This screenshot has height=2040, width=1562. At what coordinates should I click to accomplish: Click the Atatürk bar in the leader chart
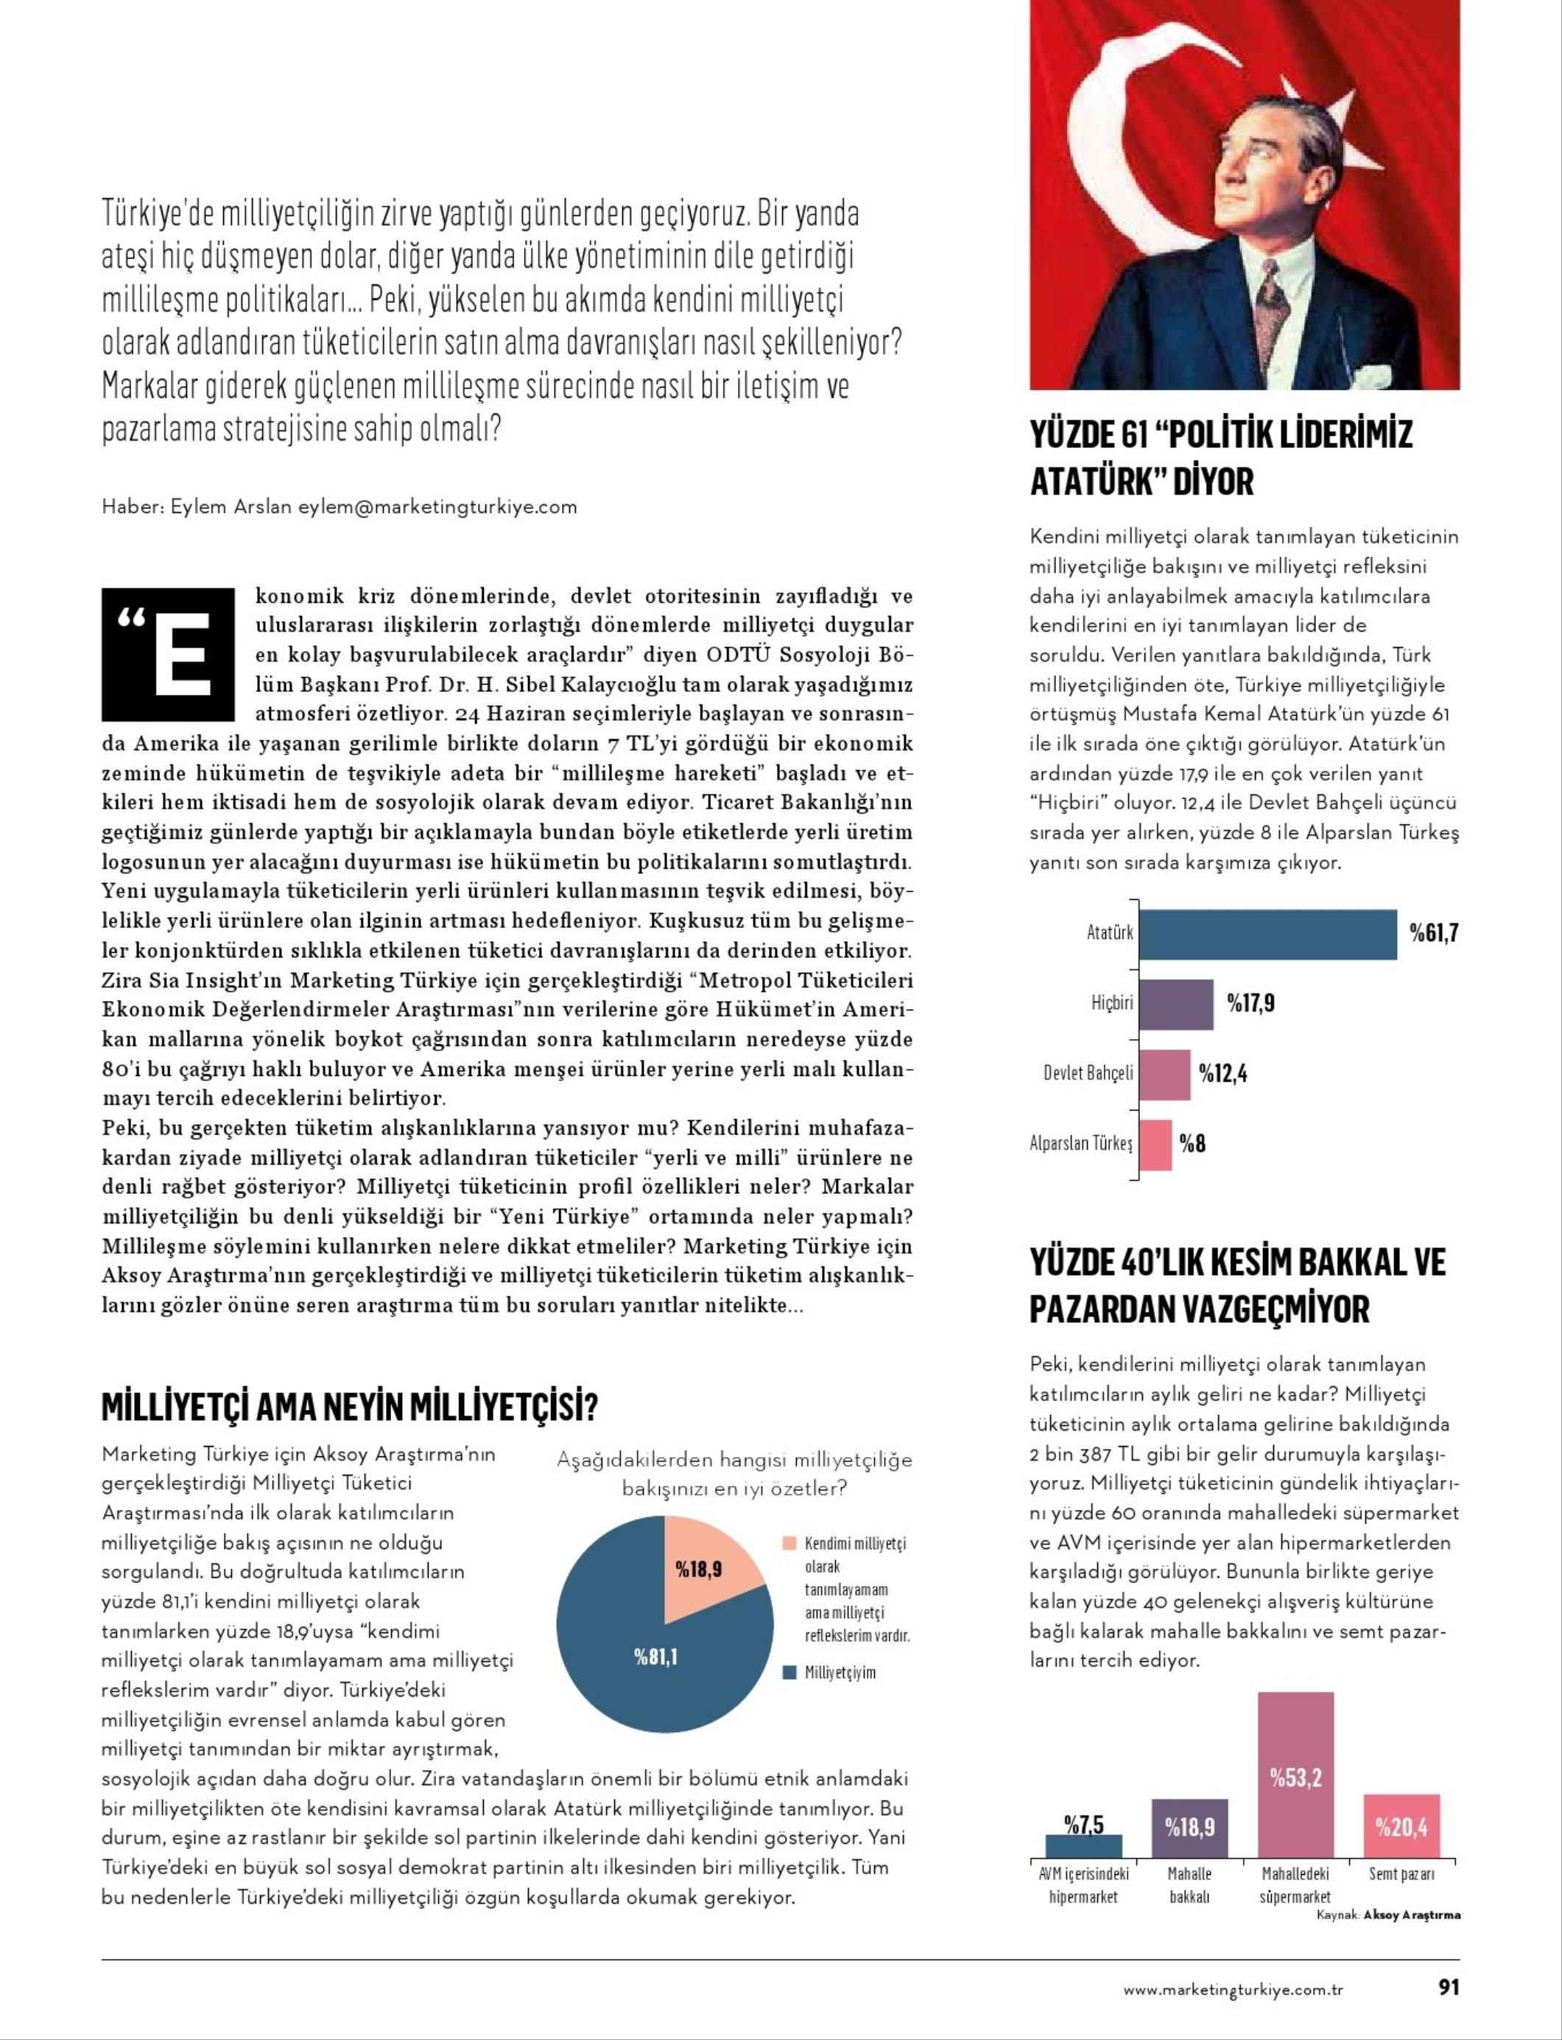(1267, 934)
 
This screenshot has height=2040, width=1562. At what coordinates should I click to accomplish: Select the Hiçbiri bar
(1176, 1004)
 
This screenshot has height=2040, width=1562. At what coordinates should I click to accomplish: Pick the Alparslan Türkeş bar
(1155, 1145)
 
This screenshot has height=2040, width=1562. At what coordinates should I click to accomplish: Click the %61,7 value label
(1433, 933)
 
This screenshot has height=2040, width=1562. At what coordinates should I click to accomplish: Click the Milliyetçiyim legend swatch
(789, 1672)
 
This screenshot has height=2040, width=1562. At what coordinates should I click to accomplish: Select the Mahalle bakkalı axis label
(1189, 1884)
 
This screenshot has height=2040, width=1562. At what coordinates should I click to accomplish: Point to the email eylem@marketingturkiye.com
(437, 507)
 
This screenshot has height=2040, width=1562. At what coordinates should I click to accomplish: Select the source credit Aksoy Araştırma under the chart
(1411, 1915)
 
